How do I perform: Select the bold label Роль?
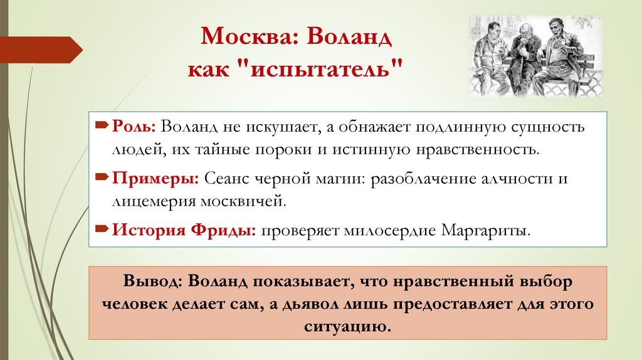coord(130,127)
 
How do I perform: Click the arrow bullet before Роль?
coord(102,127)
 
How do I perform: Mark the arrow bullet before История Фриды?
coord(102,230)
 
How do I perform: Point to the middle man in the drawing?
coord(525,60)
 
